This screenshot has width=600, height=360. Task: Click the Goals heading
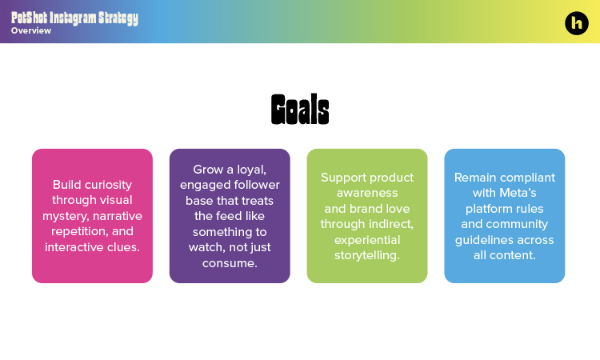300,110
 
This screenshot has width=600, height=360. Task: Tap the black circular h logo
576,23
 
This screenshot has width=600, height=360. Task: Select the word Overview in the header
31,31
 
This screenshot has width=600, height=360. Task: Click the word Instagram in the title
70,18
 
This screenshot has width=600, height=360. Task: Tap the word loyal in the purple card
251,170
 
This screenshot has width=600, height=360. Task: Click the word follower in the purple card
255,185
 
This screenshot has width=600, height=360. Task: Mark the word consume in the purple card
229,263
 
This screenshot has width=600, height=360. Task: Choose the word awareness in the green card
366,193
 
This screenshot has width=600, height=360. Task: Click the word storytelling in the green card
366,255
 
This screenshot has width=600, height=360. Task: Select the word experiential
366,240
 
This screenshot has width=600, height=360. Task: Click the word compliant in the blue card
524,178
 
